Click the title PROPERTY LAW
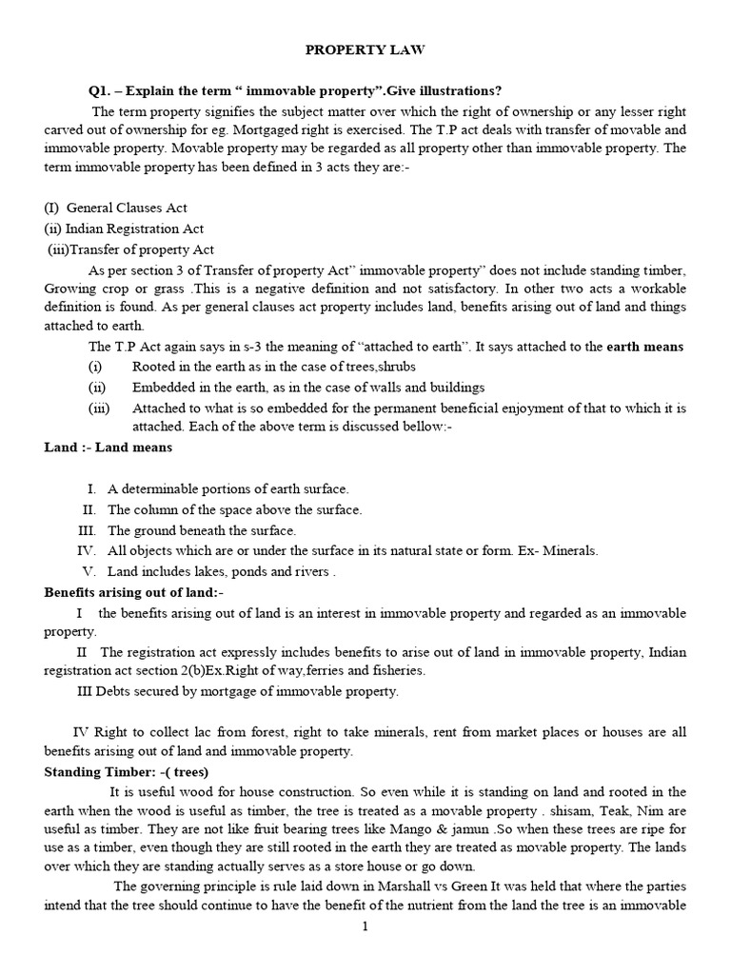click(x=365, y=48)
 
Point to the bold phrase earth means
click(x=645, y=347)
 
